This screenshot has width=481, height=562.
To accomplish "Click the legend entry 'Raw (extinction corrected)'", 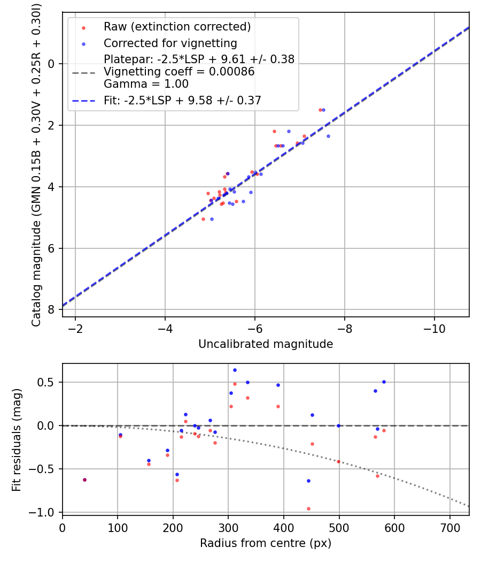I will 177,27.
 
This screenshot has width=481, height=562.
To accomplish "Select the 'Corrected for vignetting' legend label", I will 170,43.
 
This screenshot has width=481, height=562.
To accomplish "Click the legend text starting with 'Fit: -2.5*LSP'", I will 182,100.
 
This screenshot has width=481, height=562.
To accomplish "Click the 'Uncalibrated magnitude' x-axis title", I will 266,344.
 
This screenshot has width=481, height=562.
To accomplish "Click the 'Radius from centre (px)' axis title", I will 266,543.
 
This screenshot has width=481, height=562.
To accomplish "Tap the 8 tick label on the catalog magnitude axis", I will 52,310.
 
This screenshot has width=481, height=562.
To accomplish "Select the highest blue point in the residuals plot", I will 235,370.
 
